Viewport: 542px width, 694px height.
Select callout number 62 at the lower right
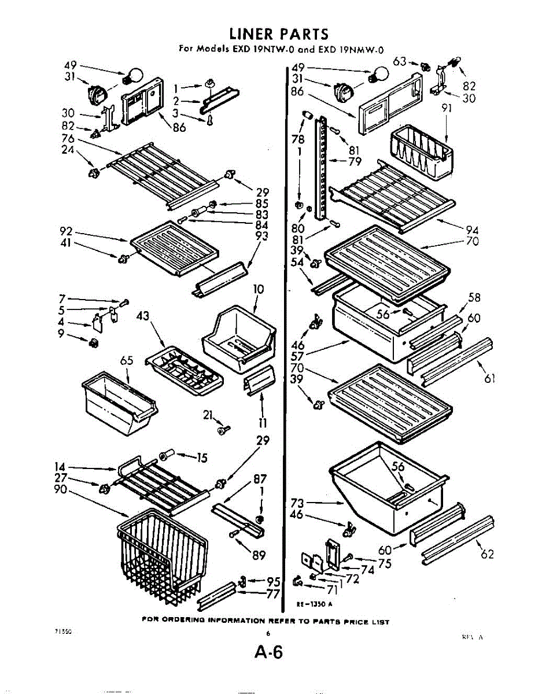[488, 554]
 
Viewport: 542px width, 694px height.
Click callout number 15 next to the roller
[201, 459]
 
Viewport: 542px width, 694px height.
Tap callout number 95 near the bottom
[273, 582]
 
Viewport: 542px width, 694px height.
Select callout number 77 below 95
[273, 594]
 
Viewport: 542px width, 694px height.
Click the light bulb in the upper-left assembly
[134, 75]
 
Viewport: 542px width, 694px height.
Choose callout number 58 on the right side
[474, 298]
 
